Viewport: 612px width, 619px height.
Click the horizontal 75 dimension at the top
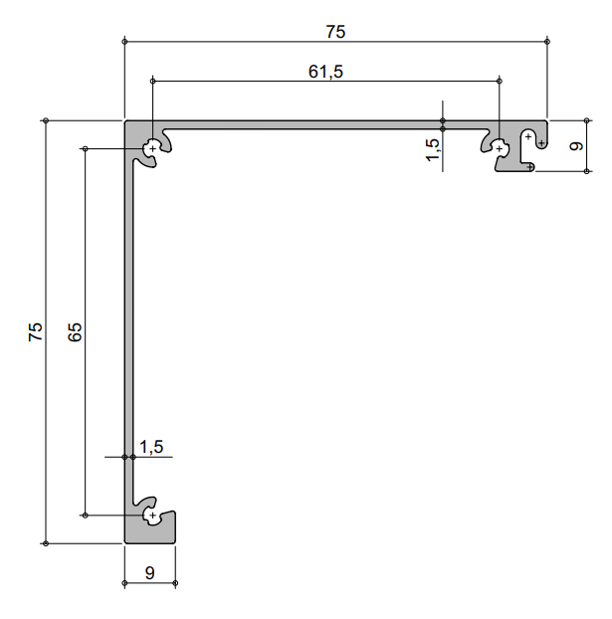[335, 32]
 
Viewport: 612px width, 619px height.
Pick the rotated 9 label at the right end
[575, 145]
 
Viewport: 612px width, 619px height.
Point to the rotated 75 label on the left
[36, 332]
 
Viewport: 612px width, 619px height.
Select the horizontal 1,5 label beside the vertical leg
[151, 448]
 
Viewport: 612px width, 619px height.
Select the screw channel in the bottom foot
[152, 516]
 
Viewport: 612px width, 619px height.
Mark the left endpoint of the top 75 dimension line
[124, 42]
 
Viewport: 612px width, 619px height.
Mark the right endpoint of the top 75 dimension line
[548, 42]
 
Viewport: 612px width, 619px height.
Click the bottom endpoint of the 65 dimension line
[86, 516]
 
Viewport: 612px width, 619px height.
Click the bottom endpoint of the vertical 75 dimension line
[47, 543]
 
